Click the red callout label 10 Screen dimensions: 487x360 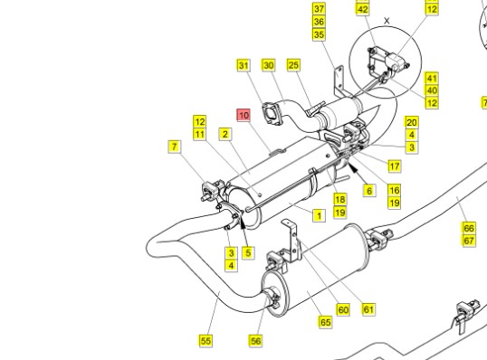coord(243,115)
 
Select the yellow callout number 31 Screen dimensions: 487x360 coord(243,65)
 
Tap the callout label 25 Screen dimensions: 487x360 coord(293,65)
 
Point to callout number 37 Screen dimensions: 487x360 coord(319,9)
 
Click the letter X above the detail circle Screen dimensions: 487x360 coord(387,21)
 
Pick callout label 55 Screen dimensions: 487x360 coord(205,341)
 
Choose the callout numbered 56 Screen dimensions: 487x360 coord(255,341)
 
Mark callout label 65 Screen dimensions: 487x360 coord(325,322)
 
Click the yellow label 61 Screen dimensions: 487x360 coord(368,309)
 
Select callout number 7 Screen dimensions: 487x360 coord(175,147)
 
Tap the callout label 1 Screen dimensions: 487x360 coord(319,215)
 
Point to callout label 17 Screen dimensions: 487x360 coord(395,166)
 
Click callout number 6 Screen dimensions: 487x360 coord(369,190)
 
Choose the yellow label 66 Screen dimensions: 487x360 coord(469,228)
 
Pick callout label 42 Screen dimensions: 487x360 coord(362,9)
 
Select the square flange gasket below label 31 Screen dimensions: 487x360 coord(272,114)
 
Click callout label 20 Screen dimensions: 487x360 coord(412,122)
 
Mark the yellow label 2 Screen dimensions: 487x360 coord(225,134)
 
